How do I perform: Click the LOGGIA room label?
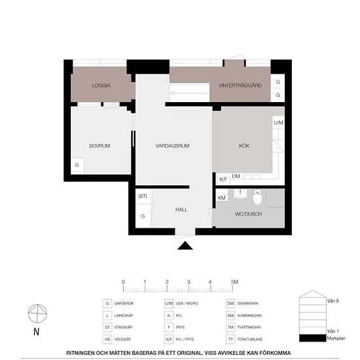tap(101, 86)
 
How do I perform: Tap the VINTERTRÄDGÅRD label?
tap(240, 86)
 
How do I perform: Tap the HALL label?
tap(181, 209)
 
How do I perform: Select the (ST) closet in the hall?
tap(143, 196)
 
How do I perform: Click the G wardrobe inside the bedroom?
tap(77, 165)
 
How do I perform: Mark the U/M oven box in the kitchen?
tap(278, 123)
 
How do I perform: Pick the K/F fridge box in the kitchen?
tap(223, 178)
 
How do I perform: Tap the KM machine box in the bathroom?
tap(221, 197)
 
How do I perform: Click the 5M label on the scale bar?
tap(234, 281)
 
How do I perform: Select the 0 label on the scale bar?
tap(123, 281)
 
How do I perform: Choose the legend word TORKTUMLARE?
tap(249, 339)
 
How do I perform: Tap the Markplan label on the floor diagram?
tap(334, 338)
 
